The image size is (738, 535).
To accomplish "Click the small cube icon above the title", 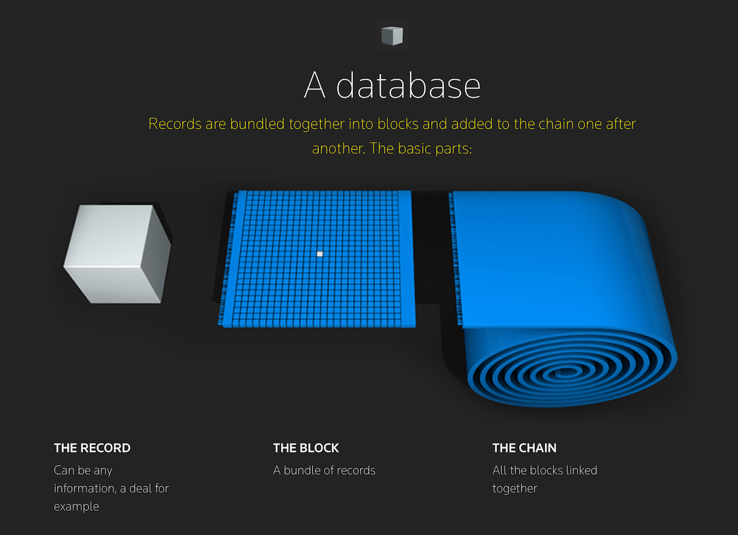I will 392,36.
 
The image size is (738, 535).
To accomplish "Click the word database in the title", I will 408,85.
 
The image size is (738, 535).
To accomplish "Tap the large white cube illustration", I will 117,253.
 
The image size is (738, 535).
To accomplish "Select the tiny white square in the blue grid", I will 320,253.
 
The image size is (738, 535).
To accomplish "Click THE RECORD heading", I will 92,448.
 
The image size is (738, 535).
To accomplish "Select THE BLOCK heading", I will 306,448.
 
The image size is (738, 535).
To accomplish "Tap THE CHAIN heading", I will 524,448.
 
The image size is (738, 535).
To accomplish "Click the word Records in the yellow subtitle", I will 175,124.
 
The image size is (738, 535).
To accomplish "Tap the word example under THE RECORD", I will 76,507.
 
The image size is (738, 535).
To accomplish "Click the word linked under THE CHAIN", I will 580,470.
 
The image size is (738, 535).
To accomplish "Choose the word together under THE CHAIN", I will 515,489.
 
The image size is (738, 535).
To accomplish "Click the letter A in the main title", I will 314,85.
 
